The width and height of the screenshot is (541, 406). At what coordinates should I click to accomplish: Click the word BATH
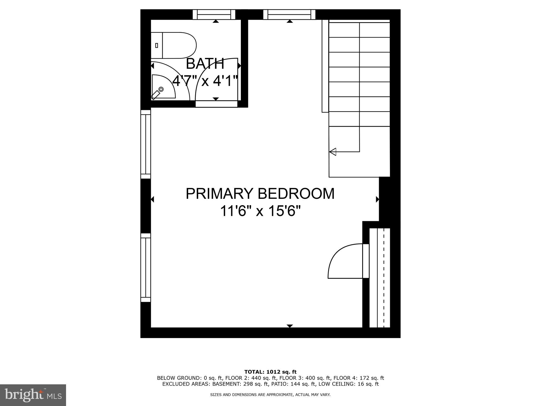coord(205,64)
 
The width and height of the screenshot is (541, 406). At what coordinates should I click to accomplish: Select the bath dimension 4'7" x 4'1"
coord(205,80)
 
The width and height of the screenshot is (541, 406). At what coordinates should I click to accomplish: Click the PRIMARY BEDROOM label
coord(260,193)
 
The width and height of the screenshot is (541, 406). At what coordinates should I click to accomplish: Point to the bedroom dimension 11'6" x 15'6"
coord(260,211)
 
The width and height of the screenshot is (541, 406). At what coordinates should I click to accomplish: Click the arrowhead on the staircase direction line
coord(333,152)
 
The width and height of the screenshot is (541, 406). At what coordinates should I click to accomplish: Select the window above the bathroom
coord(214,15)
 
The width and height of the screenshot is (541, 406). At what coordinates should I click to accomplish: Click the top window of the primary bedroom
coord(289,15)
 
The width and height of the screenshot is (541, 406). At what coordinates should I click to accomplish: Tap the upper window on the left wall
coord(146,144)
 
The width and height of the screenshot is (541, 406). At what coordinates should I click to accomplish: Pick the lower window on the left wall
coord(146,267)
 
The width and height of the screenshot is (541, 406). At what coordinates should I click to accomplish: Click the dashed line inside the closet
coord(384,278)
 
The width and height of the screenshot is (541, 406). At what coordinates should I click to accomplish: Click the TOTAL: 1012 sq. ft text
coord(270,372)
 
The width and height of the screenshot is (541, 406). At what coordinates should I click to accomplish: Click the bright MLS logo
coord(33,395)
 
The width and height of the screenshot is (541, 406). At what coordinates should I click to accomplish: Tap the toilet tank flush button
coord(157,45)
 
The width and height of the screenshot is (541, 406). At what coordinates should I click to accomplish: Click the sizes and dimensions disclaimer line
coord(270,395)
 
